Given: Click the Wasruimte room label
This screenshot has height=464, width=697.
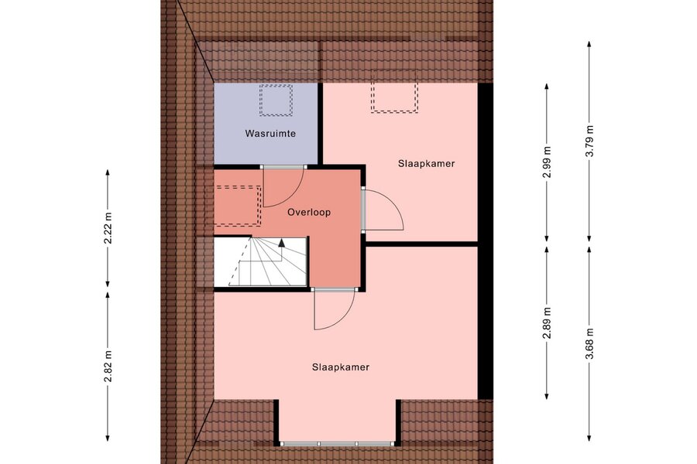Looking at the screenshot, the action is [x=270, y=133].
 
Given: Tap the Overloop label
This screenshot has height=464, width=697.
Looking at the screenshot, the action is [x=309, y=212].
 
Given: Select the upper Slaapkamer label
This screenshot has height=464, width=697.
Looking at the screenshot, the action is [x=426, y=163].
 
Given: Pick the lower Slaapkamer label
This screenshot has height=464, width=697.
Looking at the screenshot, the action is [x=341, y=367].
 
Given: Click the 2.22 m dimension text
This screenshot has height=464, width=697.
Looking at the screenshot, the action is [x=108, y=228].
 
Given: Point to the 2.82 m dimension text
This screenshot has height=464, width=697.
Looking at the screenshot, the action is [x=108, y=367].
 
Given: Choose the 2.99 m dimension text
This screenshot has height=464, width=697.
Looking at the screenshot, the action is [x=547, y=162].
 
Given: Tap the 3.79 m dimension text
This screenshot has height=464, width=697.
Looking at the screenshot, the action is [x=589, y=142].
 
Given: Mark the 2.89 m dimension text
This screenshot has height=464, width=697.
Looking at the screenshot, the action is [x=547, y=322].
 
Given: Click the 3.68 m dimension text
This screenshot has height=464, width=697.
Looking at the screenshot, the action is [x=589, y=344].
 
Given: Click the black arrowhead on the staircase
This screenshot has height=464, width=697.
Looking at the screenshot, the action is [x=281, y=242].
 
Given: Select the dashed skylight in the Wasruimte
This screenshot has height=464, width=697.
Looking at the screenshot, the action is [x=276, y=100].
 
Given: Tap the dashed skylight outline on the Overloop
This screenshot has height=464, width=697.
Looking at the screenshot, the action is [x=260, y=206].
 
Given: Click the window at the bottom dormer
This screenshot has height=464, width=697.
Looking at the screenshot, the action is [x=338, y=444].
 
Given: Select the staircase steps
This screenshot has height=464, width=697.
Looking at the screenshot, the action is [x=260, y=261].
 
